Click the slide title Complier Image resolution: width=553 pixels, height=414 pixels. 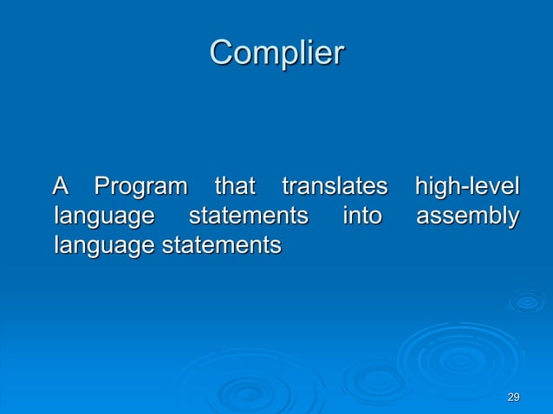(276, 54)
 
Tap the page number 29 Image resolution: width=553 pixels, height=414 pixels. (513, 397)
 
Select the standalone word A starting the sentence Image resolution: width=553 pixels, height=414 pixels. (61, 186)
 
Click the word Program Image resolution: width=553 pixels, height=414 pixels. (140, 187)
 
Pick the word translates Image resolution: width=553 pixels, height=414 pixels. (333, 186)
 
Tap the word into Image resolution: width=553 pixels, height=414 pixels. (361, 216)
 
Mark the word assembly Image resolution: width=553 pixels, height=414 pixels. (467, 217)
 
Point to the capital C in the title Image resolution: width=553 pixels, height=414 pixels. (222, 54)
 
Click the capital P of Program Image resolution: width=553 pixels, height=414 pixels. (103, 186)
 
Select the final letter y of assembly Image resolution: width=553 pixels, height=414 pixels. (513, 218)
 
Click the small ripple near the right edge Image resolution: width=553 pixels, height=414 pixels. (526, 301)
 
